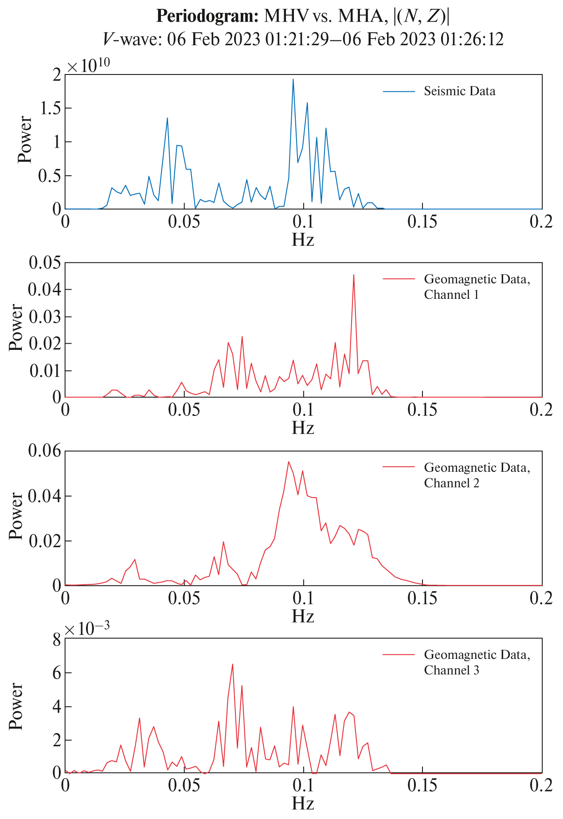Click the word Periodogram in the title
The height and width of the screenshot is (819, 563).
207,16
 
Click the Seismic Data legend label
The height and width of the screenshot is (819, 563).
459,91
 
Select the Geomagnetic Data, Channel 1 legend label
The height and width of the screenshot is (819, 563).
477,287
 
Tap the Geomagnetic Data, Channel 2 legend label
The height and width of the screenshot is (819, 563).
477,475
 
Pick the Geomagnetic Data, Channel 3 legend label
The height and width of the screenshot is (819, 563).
477,662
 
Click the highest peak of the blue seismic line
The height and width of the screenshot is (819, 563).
293,80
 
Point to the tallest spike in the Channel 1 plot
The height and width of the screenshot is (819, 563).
353,275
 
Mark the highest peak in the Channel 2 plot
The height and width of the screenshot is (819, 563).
289,462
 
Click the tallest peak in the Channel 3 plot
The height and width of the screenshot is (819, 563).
232,665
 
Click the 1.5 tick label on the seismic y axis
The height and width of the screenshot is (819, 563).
50,109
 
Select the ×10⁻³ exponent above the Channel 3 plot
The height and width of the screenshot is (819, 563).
86,629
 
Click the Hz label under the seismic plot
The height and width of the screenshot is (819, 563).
303,240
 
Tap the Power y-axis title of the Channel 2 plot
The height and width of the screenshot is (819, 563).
16,516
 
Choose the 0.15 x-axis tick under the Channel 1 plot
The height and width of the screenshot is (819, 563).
422,410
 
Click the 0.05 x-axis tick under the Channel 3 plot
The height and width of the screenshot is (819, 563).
184,785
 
